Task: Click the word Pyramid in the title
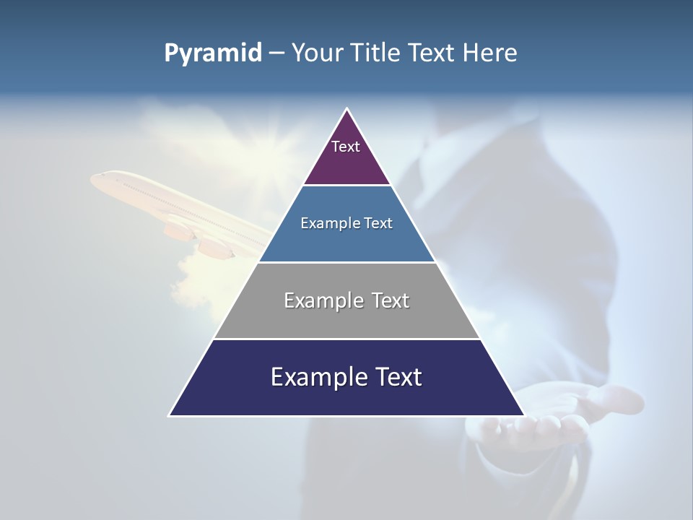[x=213, y=53]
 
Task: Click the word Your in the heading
[x=315, y=53]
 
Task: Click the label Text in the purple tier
[x=346, y=147]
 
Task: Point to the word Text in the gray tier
[x=391, y=300]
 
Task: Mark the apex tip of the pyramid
[x=346, y=110]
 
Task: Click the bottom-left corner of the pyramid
[x=170, y=415]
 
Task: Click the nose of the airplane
[x=94, y=178]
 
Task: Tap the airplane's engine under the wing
[x=214, y=247]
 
